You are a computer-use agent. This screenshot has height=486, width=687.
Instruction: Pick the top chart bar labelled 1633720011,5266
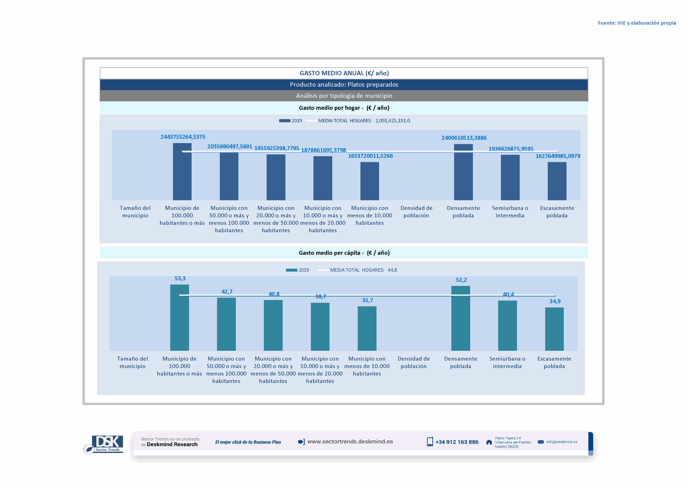(x=369, y=181)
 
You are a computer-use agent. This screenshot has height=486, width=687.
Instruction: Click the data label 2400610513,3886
(x=464, y=138)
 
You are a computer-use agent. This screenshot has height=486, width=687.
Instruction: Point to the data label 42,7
(x=227, y=292)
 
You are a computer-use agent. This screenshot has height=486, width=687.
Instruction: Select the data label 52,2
(x=461, y=280)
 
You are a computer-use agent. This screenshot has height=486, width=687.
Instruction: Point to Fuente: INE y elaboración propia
(x=637, y=23)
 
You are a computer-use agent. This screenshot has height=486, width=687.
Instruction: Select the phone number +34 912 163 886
(x=457, y=442)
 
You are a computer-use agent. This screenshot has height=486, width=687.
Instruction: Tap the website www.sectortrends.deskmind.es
(x=350, y=442)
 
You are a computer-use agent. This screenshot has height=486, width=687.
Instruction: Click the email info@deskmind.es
(x=562, y=442)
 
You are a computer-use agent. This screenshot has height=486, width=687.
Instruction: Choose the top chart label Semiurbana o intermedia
(x=510, y=212)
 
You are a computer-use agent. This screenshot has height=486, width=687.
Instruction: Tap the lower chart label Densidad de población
(x=414, y=362)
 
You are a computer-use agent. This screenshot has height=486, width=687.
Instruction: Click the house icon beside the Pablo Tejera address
(x=489, y=442)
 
